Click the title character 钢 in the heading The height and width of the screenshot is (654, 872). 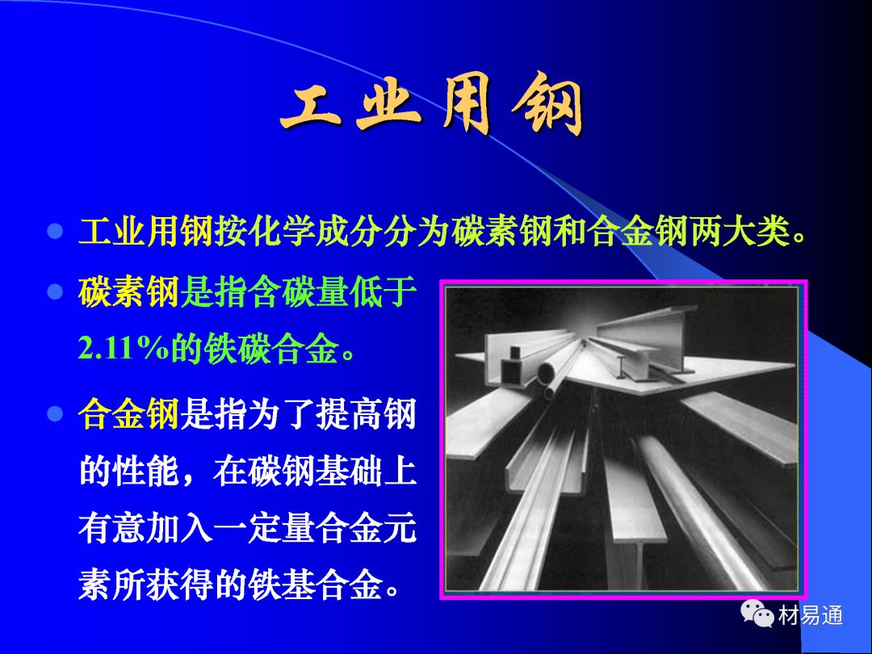click(547, 104)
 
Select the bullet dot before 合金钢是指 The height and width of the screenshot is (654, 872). click(55, 413)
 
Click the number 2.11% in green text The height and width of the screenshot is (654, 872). click(124, 349)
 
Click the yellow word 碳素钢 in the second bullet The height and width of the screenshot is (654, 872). click(128, 292)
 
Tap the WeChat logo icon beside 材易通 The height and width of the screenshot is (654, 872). click(757, 613)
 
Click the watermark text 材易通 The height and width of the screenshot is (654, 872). click(811, 615)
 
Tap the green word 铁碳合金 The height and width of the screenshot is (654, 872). click(271, 349)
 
